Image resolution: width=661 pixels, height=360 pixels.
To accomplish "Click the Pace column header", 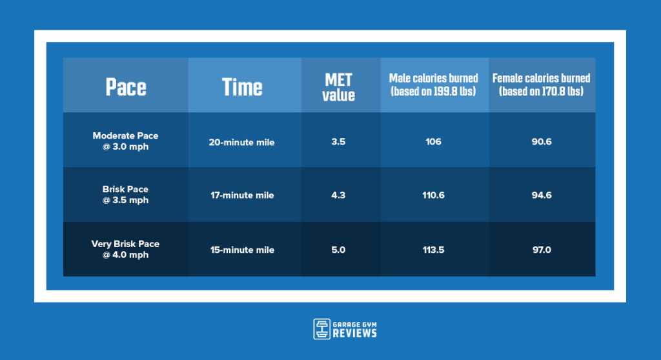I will [x=126, y=87].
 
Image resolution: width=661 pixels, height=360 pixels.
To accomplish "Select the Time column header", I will [x=242, y=87].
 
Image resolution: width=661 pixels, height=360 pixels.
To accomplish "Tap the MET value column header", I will [x=339, y=87].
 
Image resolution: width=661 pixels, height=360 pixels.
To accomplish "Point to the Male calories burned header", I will [x=433, y=85].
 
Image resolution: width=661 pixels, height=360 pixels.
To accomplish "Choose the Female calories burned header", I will [x=541, y=85].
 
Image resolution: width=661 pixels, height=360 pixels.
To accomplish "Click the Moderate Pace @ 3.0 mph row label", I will [x=125, y=141].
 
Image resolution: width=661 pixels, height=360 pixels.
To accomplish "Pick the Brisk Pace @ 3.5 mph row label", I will [x=125, y=195].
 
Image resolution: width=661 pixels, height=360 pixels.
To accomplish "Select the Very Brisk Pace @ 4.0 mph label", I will [x=125, y=250].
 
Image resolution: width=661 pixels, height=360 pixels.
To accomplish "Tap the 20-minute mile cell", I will [x=241, y=142].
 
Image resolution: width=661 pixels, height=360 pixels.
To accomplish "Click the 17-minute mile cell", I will [x=241, y=195].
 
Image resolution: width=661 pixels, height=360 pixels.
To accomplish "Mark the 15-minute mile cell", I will [x=241, y=250].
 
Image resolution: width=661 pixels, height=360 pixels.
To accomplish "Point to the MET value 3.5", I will [x=338, y=142].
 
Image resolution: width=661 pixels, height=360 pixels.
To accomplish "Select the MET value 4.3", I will [x=338, y=195].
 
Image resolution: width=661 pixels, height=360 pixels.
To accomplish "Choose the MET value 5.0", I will [x=338, y=250].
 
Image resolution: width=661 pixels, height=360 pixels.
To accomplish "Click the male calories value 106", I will [x=433, y=142].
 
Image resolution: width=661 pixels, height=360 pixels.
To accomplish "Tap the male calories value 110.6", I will [x=433, y=195].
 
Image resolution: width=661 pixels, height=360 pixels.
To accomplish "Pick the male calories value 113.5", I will [x=433, y=250].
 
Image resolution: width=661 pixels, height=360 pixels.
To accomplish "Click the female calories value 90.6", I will [x=541, y=142].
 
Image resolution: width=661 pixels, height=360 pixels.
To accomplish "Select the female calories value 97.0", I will [x=541, y=250].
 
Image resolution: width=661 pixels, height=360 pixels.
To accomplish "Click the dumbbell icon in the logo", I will [x=321, y=329].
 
